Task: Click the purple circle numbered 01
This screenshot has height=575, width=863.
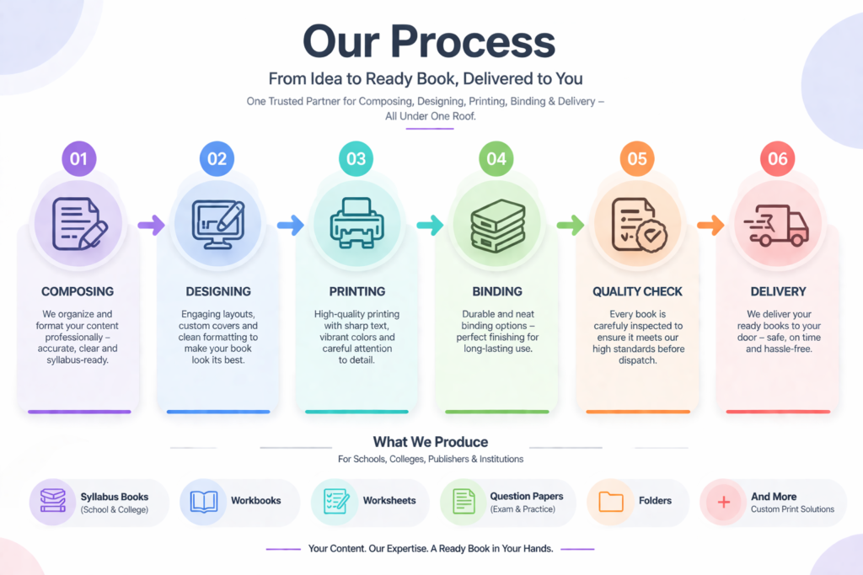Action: [79, 158]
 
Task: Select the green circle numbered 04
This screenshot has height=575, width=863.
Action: [496, 158]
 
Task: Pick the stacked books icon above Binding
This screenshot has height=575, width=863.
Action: [496, 226]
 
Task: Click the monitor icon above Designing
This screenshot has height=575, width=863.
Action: [217, 225]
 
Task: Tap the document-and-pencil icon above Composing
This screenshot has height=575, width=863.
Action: [79, 223]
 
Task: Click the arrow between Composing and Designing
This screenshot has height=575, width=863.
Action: [151, 225]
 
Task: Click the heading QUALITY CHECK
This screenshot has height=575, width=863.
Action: [637, 291]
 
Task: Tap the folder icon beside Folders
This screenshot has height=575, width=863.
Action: [611, 502]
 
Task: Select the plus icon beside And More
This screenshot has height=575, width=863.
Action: [723, 502]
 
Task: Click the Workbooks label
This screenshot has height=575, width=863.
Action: [255, 500]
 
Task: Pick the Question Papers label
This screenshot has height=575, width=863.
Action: [526, 496]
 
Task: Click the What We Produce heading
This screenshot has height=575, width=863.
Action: [431, 442]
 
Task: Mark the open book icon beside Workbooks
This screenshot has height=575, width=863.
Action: [203, 502]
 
